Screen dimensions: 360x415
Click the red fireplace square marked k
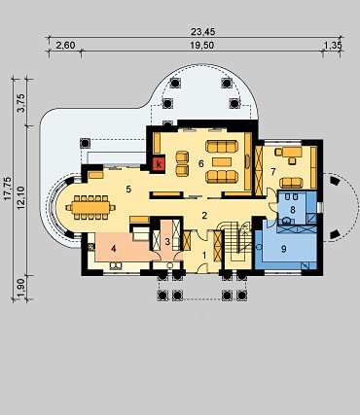coord(159,163)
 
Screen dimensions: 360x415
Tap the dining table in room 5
coord(90,207)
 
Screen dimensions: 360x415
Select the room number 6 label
coord(201,164)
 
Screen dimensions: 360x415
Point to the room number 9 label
coord(284,249)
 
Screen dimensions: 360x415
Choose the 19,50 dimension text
coord(201,46)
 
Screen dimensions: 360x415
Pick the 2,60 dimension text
coord(66,46)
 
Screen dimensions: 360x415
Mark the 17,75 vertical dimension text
coord(8,188)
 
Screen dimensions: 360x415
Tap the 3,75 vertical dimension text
coord(21,102)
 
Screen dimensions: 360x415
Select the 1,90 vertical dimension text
coord(21,288)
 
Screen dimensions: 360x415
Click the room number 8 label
coord(293,210)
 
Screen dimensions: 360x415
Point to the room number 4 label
coord(113,249)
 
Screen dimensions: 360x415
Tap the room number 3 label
coord(167,242)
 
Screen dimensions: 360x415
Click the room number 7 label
coord(273,172)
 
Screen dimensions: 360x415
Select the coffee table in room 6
coord(222,161)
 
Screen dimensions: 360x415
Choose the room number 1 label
coord(204,256)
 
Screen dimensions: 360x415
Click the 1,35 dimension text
coord(334,46)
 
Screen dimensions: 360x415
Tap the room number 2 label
coord(204,216)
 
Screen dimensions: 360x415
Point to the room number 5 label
coord(128,190)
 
